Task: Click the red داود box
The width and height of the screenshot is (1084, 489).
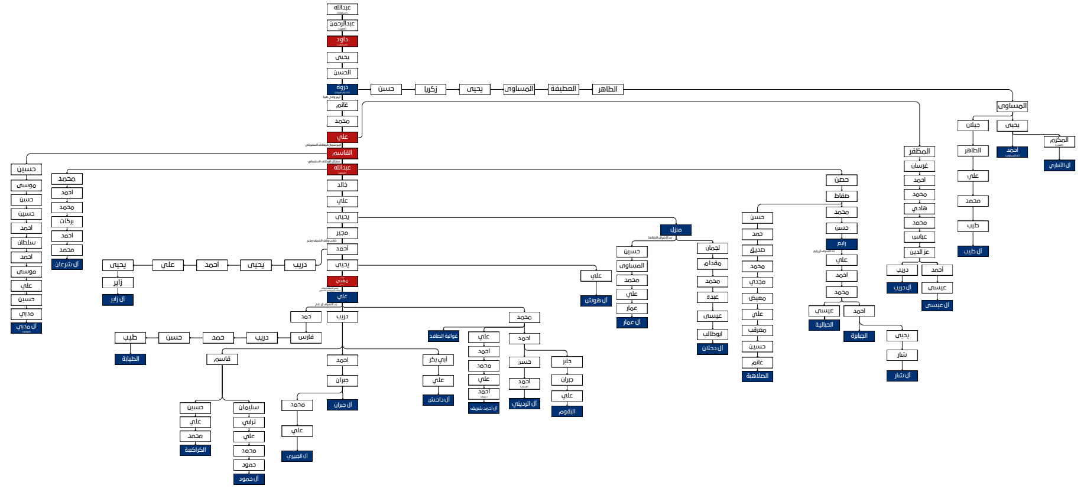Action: pos(342,41)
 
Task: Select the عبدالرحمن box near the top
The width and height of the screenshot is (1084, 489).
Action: pos(342,25)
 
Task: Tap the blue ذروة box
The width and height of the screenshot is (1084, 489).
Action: pos(342,89)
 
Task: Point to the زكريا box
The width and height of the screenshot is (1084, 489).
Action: pos(430,89)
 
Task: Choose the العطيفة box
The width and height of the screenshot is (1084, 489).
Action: pos(563,89)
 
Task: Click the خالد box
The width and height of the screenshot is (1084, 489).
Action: pos(342,185)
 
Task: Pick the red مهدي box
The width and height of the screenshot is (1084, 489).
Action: pos(342,281)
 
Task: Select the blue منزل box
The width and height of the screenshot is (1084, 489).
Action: pos(676,230)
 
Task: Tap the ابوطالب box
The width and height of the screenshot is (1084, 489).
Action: pos(712,334)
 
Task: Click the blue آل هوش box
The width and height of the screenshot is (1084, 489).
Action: pos(596,301)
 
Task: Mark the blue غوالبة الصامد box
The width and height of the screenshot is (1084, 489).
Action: pos(443,336)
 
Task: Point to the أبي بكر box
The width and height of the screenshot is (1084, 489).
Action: pos(438,360)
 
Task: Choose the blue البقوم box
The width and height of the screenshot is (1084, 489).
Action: pos(567,411)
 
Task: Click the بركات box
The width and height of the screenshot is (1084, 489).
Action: pos(67,221)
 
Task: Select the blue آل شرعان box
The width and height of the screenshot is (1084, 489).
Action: pos(67,265)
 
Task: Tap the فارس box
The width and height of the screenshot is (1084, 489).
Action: pos(306,337)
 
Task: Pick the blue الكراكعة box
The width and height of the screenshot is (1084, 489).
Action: pos(195,450)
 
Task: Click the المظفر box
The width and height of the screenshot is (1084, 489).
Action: pos(919,151)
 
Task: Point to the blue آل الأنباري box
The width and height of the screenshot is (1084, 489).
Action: pos(1059,165)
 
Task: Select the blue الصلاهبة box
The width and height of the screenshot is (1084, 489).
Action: pos(757,376)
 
